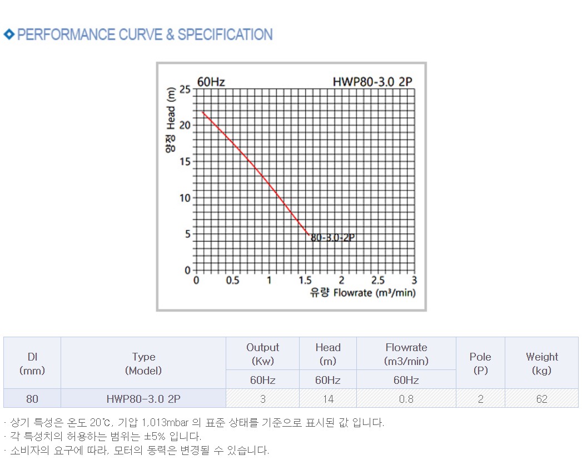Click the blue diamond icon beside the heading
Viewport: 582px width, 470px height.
click(9, 34)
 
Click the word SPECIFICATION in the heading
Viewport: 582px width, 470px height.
click(225, 34)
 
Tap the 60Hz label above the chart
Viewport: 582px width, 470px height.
click(211, 82)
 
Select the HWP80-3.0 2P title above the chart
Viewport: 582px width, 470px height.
click(372, 82)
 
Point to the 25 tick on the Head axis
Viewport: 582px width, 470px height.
click(185, 89)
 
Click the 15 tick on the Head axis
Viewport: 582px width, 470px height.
click(185, 162)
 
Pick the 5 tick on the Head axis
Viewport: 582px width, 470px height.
click(187, 234)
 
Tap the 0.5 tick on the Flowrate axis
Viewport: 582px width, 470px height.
click(232, 281)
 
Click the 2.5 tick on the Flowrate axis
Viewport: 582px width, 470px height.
click(378, 281)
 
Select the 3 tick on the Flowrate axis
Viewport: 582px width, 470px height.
click(414, 281)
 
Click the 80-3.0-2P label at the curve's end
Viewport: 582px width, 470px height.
click(332, 237)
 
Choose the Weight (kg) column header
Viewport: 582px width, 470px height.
click(541, 363)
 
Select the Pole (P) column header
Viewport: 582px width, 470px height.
click(480, 363)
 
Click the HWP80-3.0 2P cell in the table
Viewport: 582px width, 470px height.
click(143, 399)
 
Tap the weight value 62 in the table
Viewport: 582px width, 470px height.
click(541, 399)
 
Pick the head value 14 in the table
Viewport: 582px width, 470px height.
click(328, 399)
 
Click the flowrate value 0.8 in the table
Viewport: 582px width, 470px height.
click(406, 399)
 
